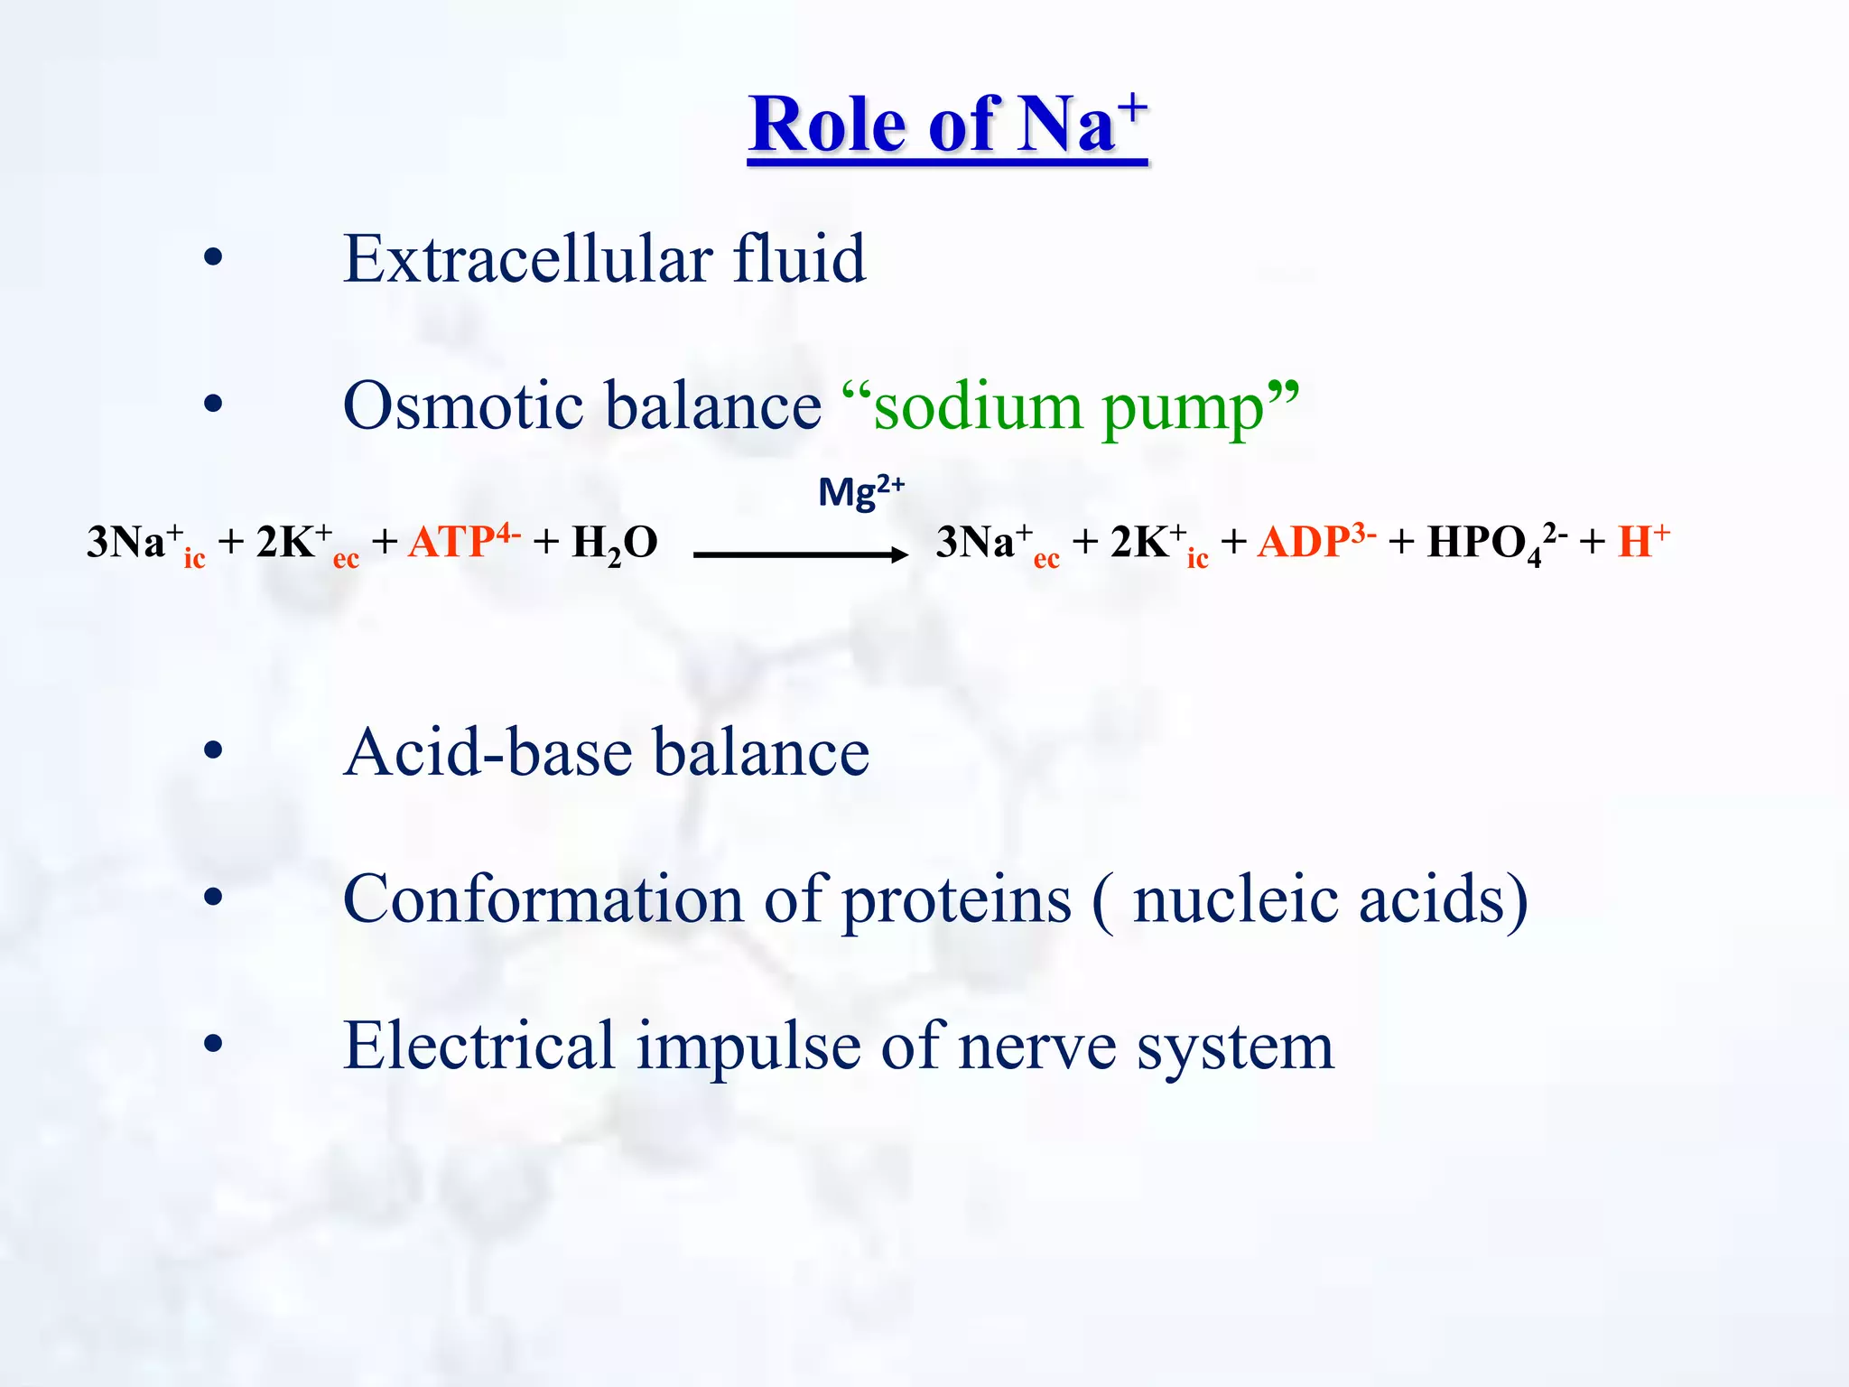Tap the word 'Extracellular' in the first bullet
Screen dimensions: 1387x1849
pyautogui.click(x=528, y=259)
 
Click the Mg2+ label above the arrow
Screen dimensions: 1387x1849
pyautogui.click(x=860, y=493)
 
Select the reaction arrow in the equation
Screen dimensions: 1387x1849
pyautogui.click(x=800, y=554)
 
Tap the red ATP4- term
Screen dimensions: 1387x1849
pyautogui.click(x=463, y=542)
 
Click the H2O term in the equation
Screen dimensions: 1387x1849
pyautogui.click(x=615, y=544)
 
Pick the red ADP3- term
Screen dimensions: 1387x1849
pyautogui.click(x=1316, y=542)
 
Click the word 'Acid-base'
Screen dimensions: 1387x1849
pyautogui.click(x=488, y=752)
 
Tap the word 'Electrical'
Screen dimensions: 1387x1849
pyautogui.click(x=479, y=1046)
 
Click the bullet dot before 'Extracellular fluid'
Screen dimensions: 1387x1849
pyautogui.click(x=213, y=259)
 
